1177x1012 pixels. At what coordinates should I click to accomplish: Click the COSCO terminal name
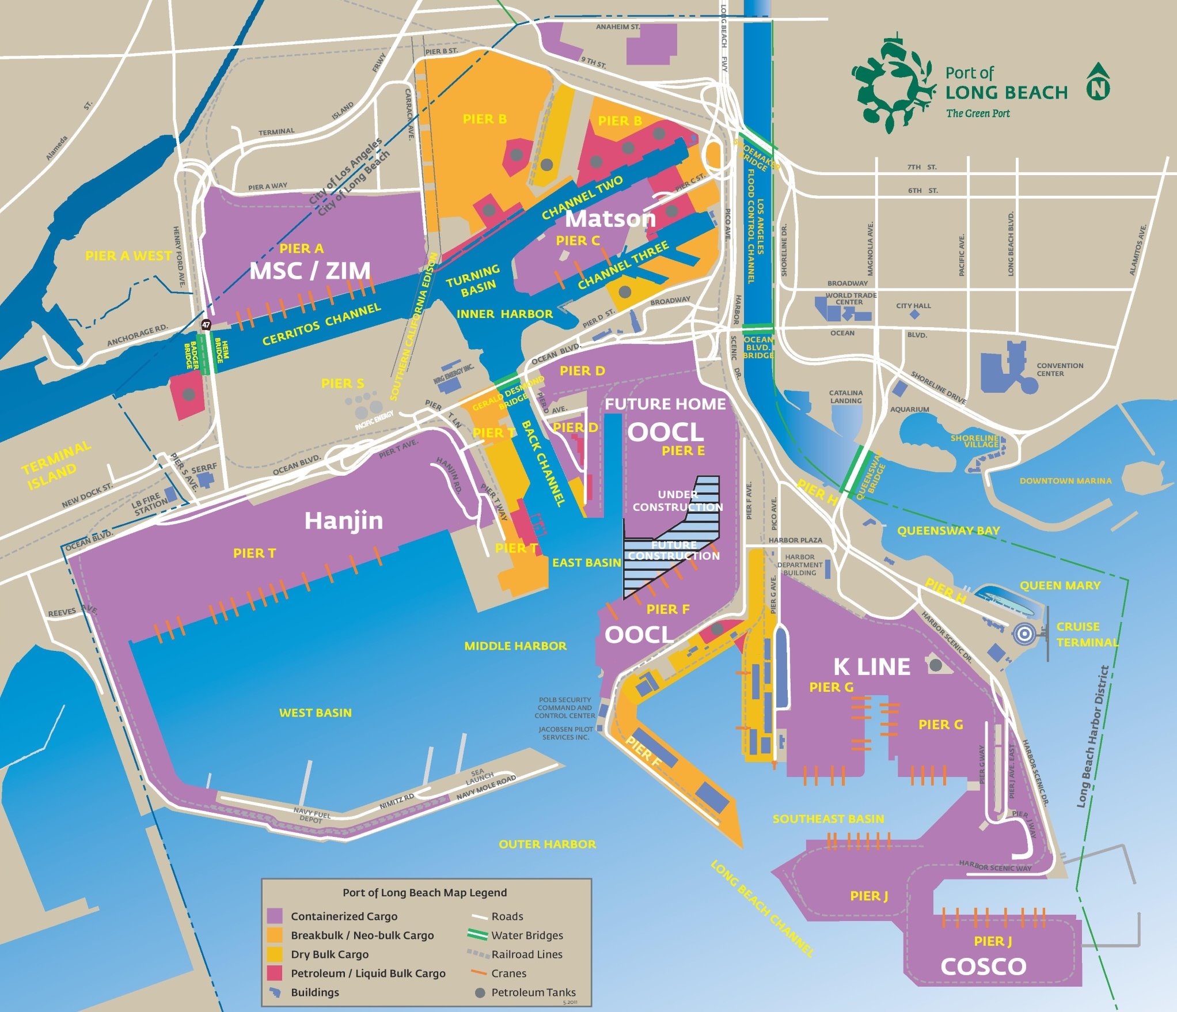click(x=983, y=966)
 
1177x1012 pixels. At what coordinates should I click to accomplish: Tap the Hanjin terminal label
click(x=343, y=521)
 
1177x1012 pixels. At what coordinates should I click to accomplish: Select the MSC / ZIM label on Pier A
click(x=310, y=271)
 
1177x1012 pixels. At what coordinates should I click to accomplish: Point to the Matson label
click(x=610, y=219)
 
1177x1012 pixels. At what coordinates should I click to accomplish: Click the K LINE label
click(x=872, y=667)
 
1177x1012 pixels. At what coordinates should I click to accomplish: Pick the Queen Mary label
click(x=1060, y=585)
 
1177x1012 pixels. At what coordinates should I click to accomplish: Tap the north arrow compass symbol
click(x=1098, y=82)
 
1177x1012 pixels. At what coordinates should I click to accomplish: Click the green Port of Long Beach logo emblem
click(x=891, y=84)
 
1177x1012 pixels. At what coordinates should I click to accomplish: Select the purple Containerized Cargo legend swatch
click(x=275, y=916)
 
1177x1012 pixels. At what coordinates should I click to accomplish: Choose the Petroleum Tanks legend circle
click(x=479, y=992)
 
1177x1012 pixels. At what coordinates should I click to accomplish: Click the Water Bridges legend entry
click(x=526, y=935)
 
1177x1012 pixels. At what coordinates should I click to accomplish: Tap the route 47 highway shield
click(x=206, y=325)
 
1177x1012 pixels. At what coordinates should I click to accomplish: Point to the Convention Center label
click(x=1060, y=369)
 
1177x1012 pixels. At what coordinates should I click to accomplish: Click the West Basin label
click(x=315, y=712)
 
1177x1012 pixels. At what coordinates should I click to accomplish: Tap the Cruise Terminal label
click(x=1086, y=634)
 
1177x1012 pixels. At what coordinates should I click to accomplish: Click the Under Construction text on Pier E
click(x=678, y=501)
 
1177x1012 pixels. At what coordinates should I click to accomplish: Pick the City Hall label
click(x=913, y=306)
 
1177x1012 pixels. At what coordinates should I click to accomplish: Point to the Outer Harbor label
click(x=547, y=844)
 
